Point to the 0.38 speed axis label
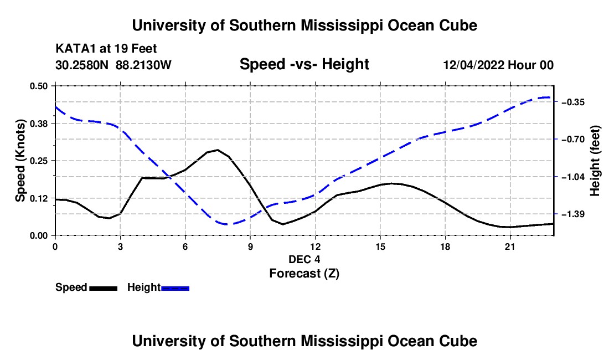pos(38,124)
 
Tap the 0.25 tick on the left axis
pos(38,161)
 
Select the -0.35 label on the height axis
pos(572,102)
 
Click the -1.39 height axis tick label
pos(572,214)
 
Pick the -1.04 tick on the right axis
pos(572,177)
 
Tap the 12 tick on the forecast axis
pos(316,246)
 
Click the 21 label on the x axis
pos(509,246)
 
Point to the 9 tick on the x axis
pos(250,246)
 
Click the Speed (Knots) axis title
pos(20,161)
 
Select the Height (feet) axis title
pos(595,161)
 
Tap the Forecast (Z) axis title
pos(304,274)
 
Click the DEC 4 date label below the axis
pos(304,259)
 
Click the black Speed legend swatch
pos(104,289)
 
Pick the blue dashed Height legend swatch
pos(175,289)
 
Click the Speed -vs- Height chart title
pos(304,64)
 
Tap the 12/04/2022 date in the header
pos(474,65)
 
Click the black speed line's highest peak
pos(218,150)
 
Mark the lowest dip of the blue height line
pos(228,224)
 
